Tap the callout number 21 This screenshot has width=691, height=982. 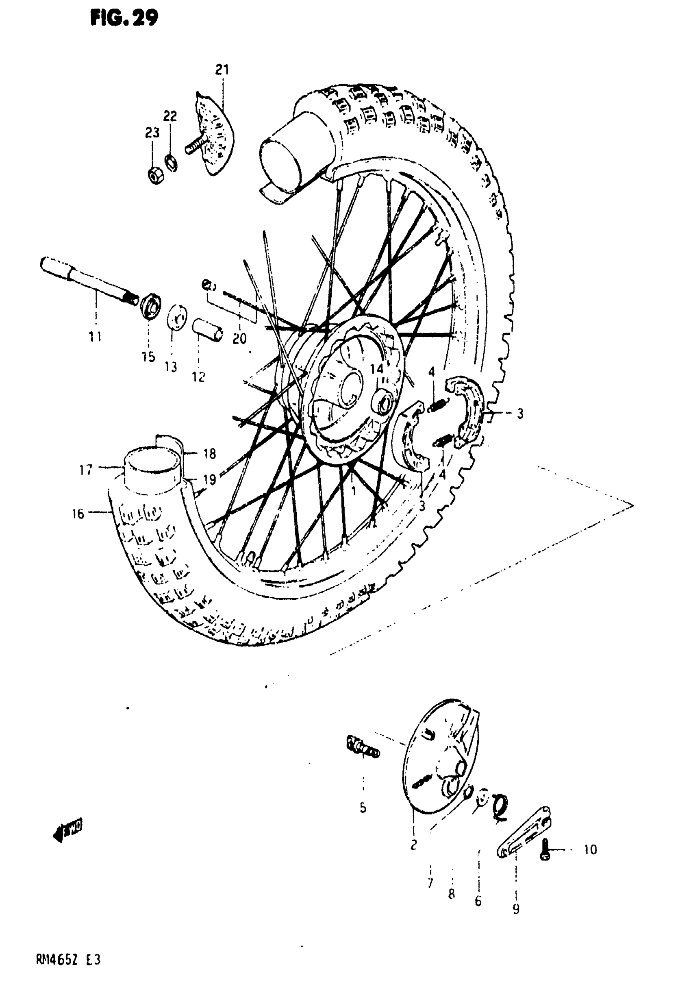(222, 69)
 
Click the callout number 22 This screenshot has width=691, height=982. (170, 116)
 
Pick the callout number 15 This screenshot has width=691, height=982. (148, 357)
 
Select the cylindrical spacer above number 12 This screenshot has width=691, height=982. (207, 329)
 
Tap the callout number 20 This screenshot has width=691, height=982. (239, 339)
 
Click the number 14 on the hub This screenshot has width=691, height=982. (377, 369)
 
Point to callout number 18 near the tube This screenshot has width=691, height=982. (209, 454)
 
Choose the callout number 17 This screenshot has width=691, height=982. (86, 470)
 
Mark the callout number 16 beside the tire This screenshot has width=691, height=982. (78, 513)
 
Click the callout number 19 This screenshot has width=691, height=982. (209, 480)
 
